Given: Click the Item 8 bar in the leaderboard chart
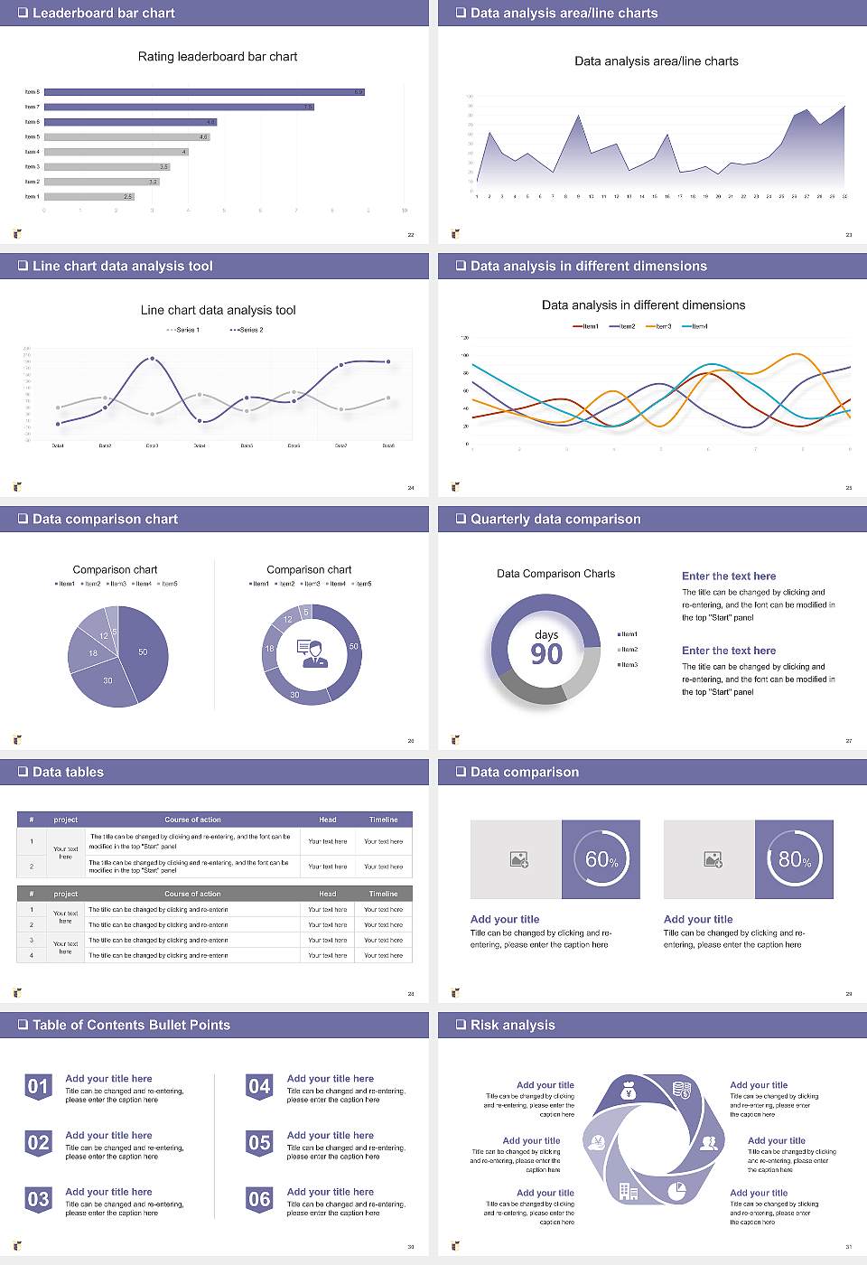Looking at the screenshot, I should (x=204, y=92).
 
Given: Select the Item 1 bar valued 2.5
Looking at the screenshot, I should (x=89, y=196).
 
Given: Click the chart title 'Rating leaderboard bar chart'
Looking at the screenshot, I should (x=218, y=56).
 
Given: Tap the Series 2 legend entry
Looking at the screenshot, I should (x=247, y=330).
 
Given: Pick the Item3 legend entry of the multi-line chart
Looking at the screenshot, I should (x=659, y=326).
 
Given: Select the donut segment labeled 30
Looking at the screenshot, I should (x=296, y=693).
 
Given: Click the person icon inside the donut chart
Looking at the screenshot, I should (x=312, y=653).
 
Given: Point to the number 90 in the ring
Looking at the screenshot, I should (x=546, y=654).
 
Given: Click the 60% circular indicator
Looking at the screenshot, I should (x=601, y=859).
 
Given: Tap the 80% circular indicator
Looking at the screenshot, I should (x=795, y=859).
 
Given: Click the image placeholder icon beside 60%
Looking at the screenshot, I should (x=518, y=859).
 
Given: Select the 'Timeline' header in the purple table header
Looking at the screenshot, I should (x=383, y=820).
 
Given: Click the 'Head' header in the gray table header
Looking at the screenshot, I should (x=327, y=894).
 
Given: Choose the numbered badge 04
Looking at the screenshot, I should (x=259, y=1087).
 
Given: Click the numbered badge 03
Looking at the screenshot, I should (x=38, y=1200).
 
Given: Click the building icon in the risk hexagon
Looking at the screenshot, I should (x=629, y=1192).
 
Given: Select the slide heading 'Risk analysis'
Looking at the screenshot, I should (x=512, y=1025).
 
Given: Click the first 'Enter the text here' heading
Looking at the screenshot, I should (x=729, y=576).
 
